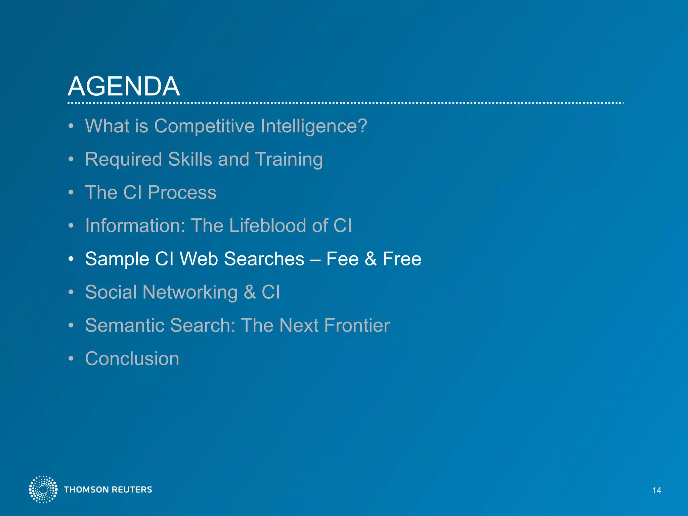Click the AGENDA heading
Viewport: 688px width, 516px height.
[x=124, y=86]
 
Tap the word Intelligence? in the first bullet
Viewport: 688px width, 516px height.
[x=314, y=127]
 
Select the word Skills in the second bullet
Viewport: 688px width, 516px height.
[x=190, y=159]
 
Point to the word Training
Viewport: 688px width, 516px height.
[x=289, y=160]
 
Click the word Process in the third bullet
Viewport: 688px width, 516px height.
[x=182, y=192]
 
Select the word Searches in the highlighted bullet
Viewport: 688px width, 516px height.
[x=264, y=259]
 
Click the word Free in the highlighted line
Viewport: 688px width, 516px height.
[x=402, y=259]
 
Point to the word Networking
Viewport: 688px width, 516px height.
[x=190, y=292]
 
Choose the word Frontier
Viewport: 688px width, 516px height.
[x=357, y=325]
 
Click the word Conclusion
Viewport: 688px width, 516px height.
[x=132, y=358]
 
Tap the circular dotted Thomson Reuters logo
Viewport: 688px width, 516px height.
[x=43, y=489]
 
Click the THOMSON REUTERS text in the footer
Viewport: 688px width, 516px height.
[x=108, y=490]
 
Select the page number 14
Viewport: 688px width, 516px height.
[x=656, y=490]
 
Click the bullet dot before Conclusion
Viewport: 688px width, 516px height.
[x=71, y=359]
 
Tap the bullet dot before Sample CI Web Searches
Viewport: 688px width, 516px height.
[x=71, y=259]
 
